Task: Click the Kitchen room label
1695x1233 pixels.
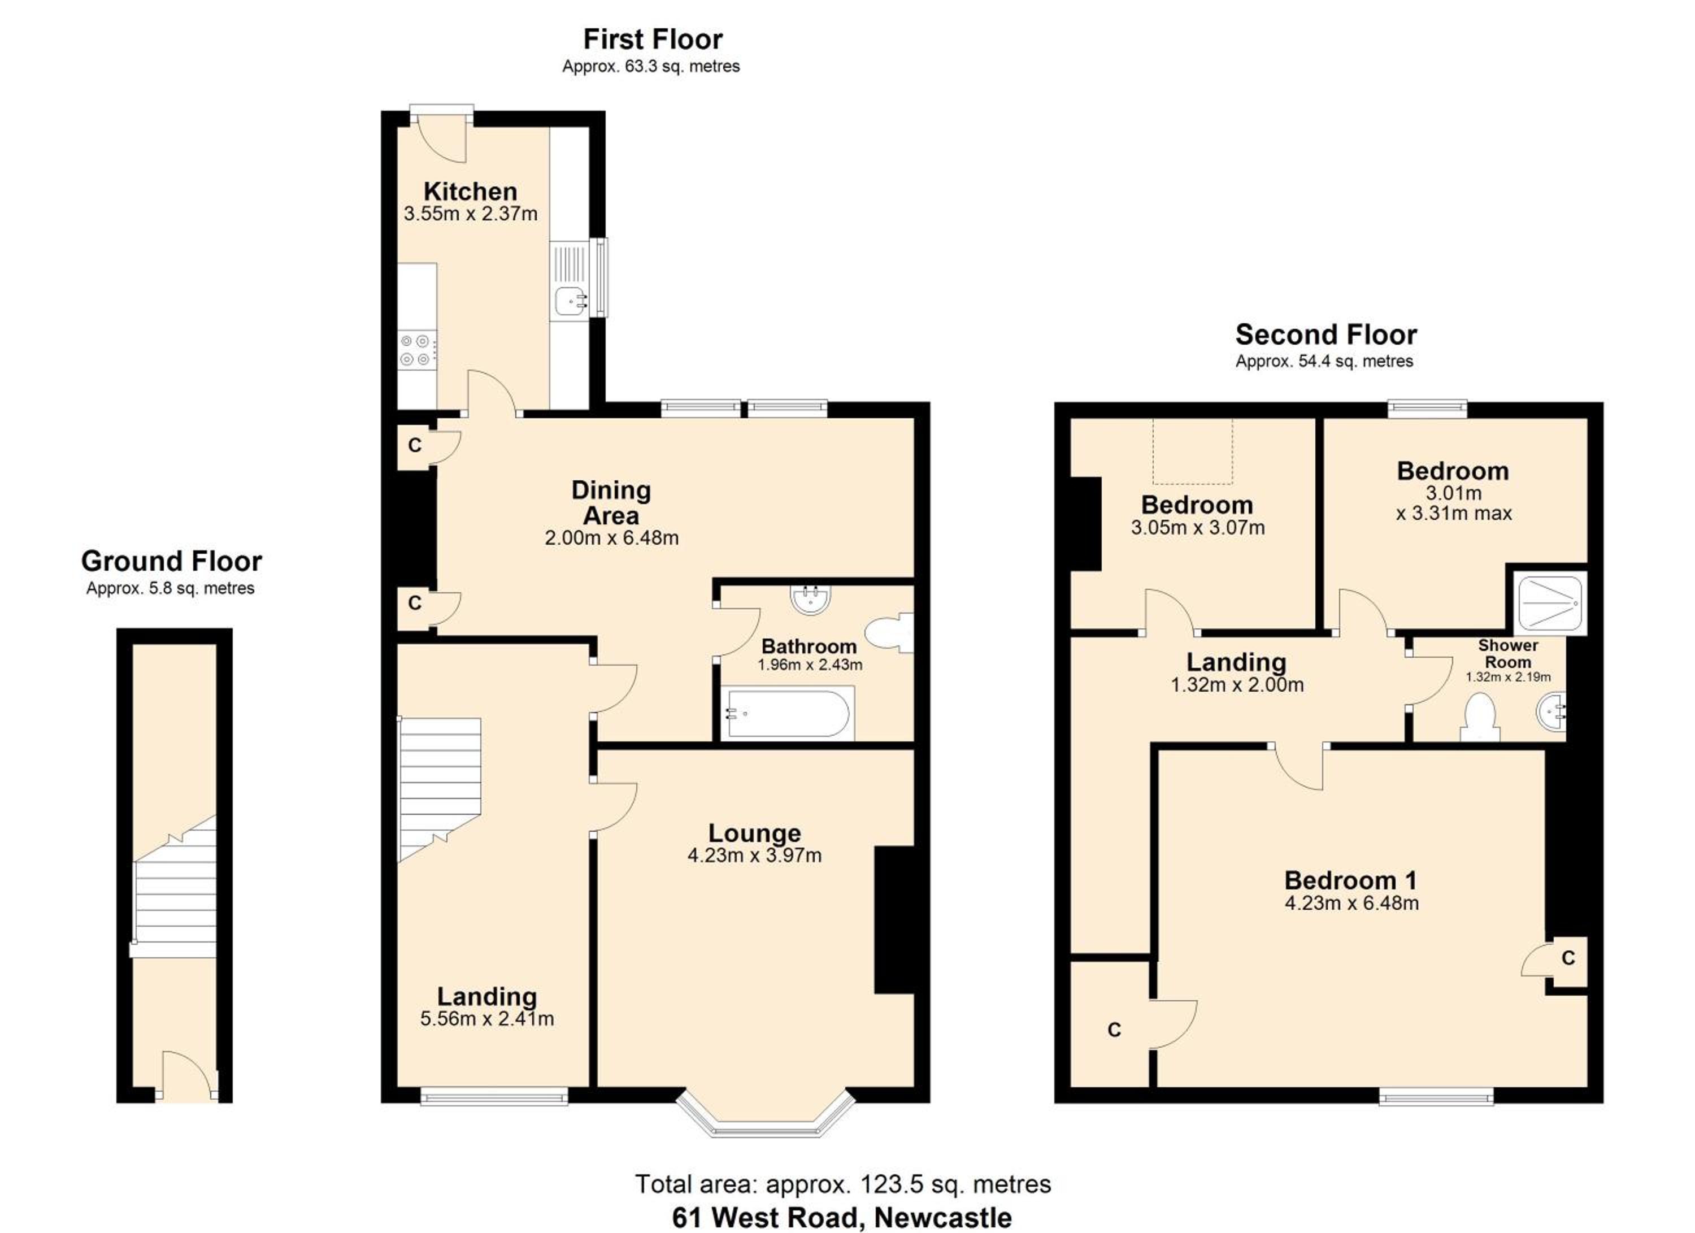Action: pyautogui.click(x=470, y=192)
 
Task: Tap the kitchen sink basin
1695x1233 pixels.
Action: pyautogui.click(x=571, y=302)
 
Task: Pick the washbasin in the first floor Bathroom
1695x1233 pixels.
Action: pyautogui.click(x=811, y=598)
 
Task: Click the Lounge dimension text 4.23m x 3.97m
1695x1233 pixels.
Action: pyautogui.click(x=754, y=856)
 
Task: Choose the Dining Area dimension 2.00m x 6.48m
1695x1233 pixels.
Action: pyautogui.click(x=611, y=538)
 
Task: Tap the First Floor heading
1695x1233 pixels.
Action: pyautogui.click(x=653, y=39)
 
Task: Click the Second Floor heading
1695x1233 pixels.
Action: pyautogui.click(x=1326, y=334)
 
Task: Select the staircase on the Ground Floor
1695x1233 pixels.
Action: pyautogui.click(x=175, y=887)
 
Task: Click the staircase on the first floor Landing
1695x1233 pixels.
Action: pyautogui.click(x=440, y=789)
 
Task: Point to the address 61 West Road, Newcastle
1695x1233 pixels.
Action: pyautogui.click(x=842, y=1217)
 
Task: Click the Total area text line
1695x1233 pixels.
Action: pyautogui.click(x=843, y=1184)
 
